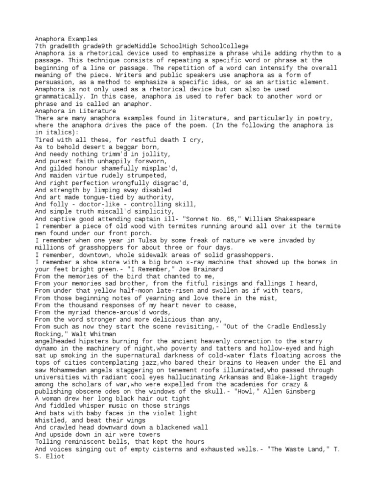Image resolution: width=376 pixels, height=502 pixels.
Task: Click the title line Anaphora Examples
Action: click(x=66, y=38)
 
